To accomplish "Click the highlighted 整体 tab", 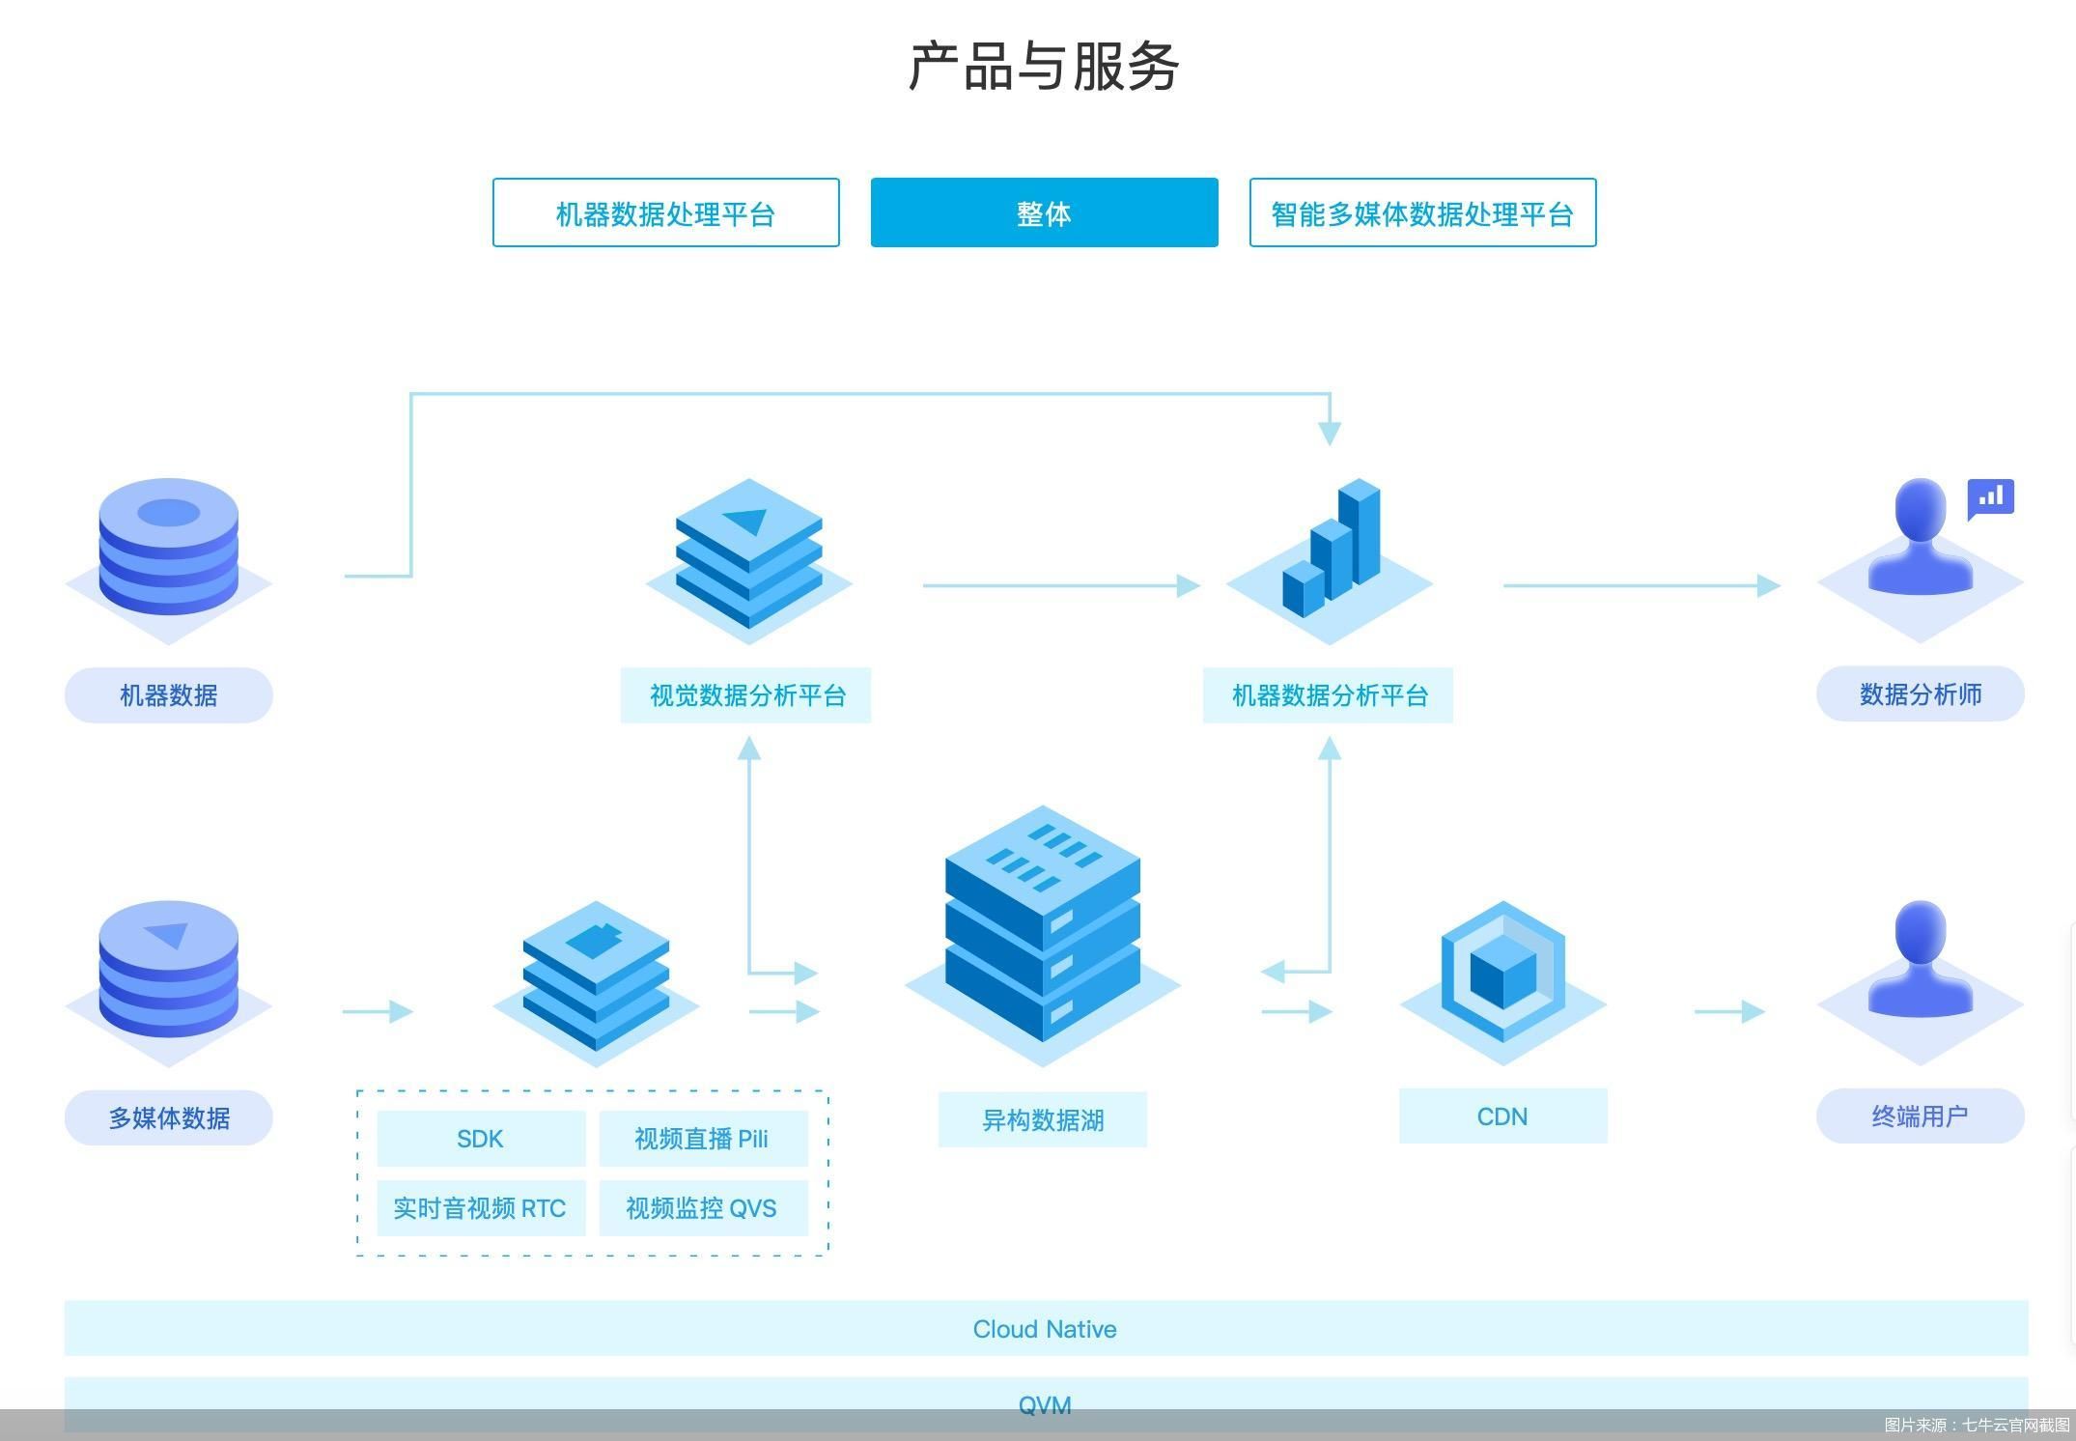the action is [x=1044, y=212].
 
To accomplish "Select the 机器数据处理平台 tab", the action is [x=665, y=212].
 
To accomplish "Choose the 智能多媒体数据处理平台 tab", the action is [x=1422, y=212].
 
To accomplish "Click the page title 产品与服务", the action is [x=1043, y=67].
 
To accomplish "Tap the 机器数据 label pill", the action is [x=169, y=694].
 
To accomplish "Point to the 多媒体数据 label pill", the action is [x=169, y=1117].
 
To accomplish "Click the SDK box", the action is [x=481, y=1139].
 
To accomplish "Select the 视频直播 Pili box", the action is [x=703, y=1139].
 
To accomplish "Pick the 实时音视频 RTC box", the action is [x=481, y=1208].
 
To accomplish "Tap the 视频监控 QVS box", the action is [x=703, y=1208].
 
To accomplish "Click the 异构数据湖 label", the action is [x=1043, y=1119].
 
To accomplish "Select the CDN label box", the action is [x=1503, y=1116].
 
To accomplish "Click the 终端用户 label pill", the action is [x=1921, y=1116].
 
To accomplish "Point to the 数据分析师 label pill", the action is [x=1921, y=693].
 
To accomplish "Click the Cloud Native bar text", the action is [x=1045, y=1329].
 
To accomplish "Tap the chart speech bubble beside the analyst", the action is [x=1991, y=498].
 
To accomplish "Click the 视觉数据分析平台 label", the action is [x=746, y=694].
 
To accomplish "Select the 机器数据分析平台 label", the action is [x=1329, y=694].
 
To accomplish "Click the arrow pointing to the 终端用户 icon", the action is [x=1730, y=1011].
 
